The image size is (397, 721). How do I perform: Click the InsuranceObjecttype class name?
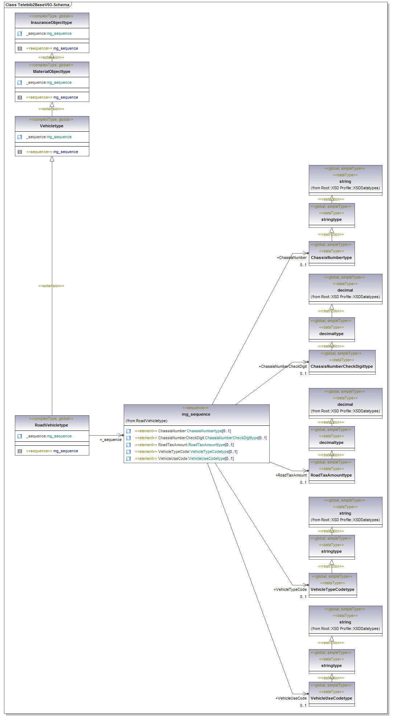[52, 22]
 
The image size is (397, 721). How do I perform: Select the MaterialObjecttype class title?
[52, 71]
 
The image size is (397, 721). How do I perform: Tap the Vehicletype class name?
[52, 126]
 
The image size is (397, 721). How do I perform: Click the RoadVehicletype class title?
[52, 425]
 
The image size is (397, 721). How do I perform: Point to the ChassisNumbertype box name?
[331, 257]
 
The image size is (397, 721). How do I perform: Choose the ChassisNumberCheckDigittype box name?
[341, 366]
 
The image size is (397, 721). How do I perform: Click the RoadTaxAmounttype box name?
[331, 475]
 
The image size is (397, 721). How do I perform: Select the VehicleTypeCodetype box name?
[332, 589]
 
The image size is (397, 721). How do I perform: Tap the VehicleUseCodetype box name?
[331, 698]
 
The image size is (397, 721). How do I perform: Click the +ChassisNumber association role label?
[292, 257]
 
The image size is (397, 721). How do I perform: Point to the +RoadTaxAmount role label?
[291, 475]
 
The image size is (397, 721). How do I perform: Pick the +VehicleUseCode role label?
[291, 698]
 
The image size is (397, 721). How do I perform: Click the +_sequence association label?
[111, 440]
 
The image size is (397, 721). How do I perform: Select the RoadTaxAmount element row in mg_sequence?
[184, 445]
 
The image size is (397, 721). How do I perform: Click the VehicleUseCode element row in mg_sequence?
[184, 458]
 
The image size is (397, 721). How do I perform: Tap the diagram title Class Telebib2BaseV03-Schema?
[37, 5]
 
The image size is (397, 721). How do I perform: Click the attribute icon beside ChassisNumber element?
[128, 431]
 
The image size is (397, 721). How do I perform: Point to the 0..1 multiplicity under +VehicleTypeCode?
[303, 597]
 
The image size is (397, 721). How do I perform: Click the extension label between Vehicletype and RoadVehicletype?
[51, 286]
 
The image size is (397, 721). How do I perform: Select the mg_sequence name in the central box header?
[196, 414]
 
